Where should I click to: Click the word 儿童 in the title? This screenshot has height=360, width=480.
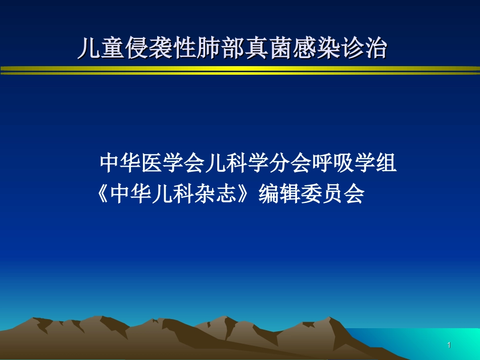coord(101,49)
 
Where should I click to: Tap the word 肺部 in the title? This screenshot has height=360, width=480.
coord(220,49)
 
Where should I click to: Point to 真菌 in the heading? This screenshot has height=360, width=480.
coord(267,49)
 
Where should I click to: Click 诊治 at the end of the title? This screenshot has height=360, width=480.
coord(363,49)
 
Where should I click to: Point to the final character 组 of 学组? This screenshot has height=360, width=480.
coord(386,163)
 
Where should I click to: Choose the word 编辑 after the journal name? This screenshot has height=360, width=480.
coord(279,194)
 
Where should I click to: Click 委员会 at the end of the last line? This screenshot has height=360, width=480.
coord(332,194)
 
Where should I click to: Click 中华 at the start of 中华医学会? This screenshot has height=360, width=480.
coord(121,163)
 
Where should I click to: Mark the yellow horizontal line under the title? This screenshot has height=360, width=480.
coord(240,70)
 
